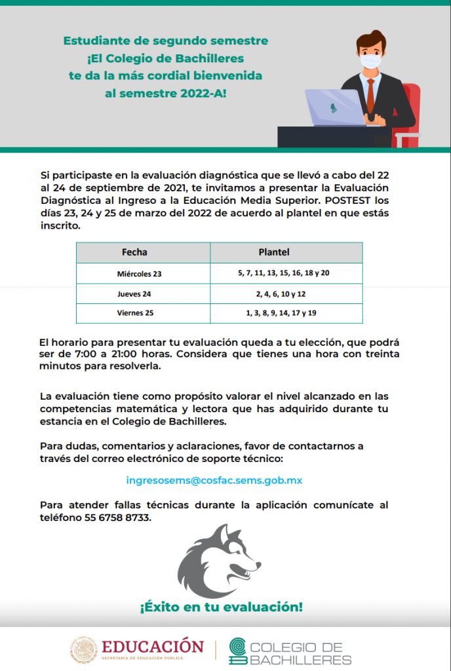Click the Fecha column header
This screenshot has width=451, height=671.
[x=134, y=252]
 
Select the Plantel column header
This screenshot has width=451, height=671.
[x=274, y=252]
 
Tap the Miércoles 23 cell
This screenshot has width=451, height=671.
[x=139, y=273]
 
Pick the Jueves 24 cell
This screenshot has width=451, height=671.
[x=134, y=294]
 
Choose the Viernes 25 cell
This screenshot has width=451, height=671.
[x=135, y=313]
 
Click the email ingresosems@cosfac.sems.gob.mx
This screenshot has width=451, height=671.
[x=214, y=480]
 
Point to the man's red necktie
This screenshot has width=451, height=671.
[x=370, y=96]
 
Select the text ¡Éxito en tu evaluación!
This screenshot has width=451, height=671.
[x=221, y=607]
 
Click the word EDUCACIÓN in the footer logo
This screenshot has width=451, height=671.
[x=152, y=645]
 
